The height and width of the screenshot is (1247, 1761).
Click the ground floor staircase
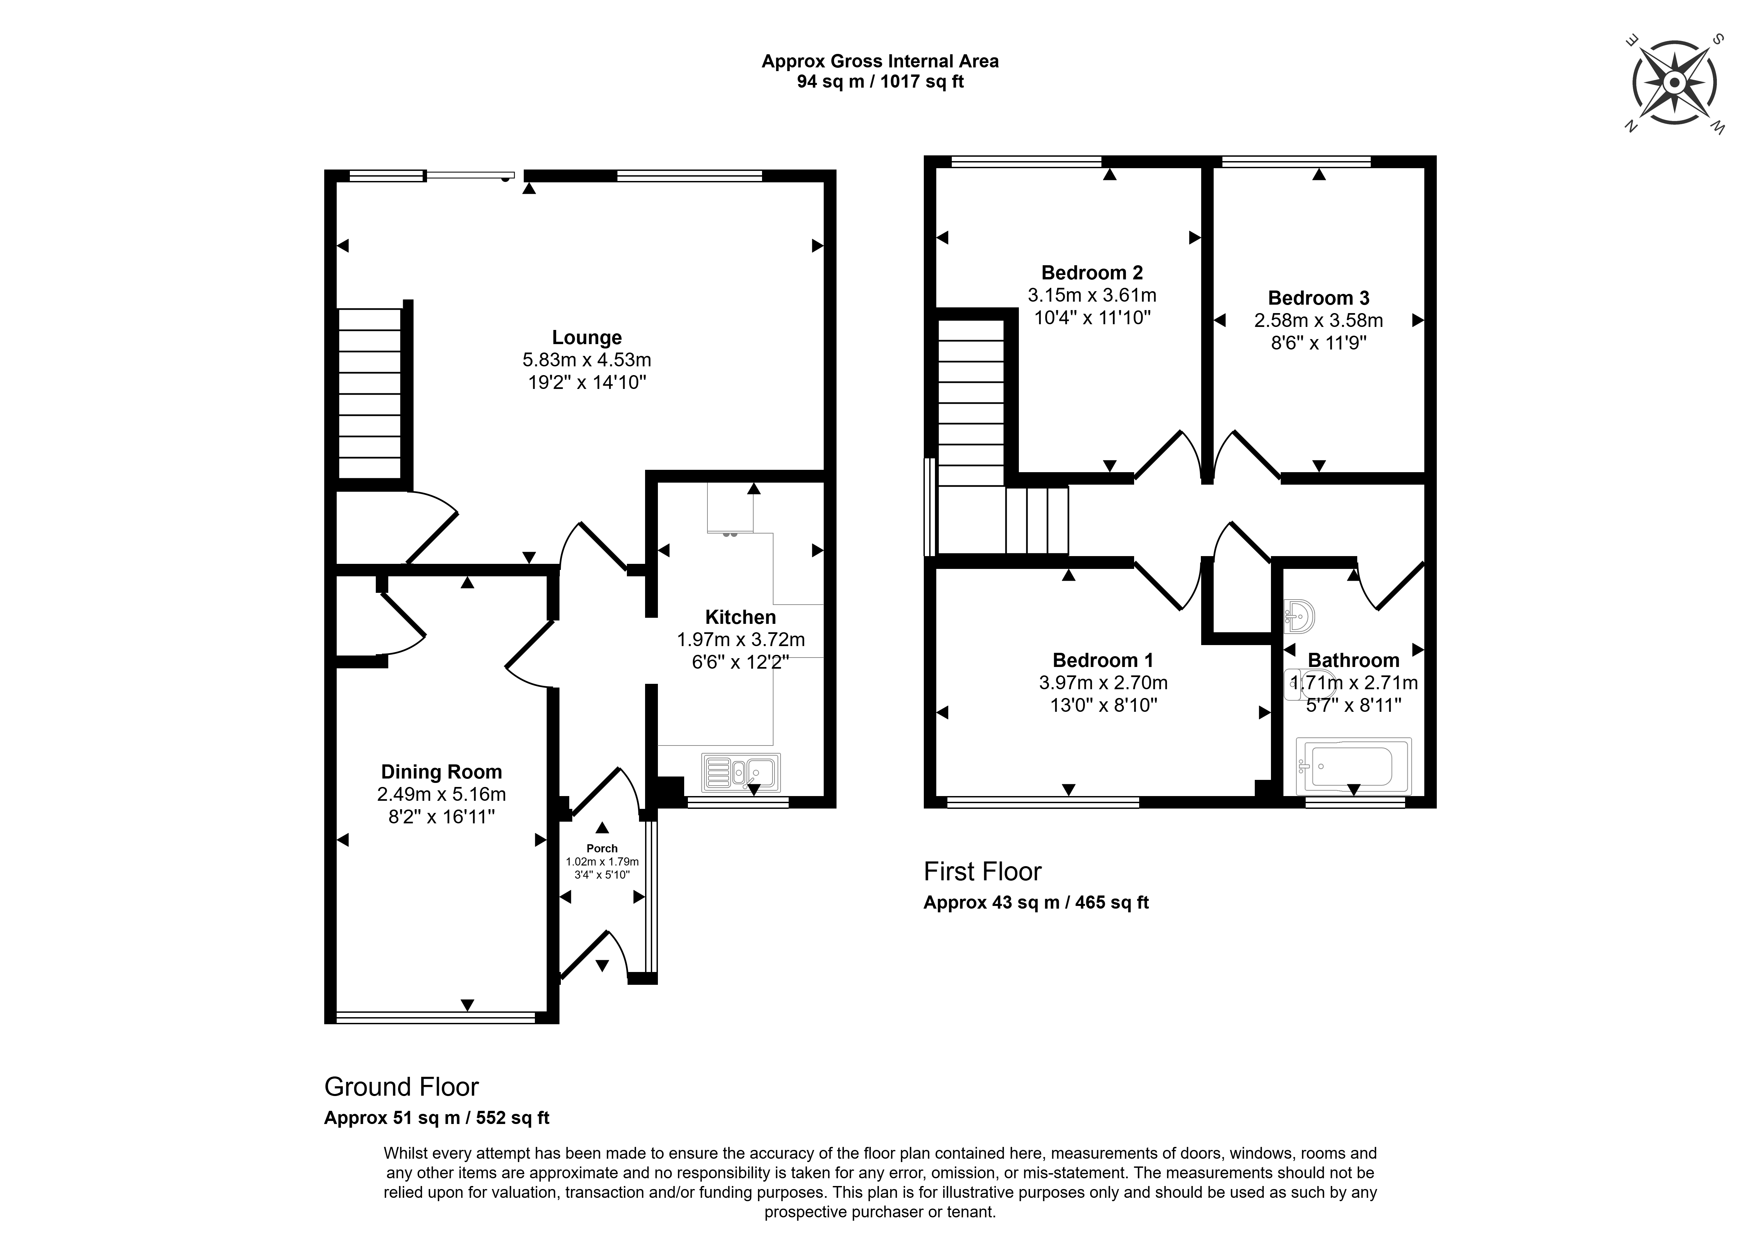coord(370,394)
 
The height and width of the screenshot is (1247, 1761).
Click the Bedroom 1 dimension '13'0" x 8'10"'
coord(1103,705)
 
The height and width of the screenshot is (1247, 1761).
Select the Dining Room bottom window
coord(435,1017)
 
